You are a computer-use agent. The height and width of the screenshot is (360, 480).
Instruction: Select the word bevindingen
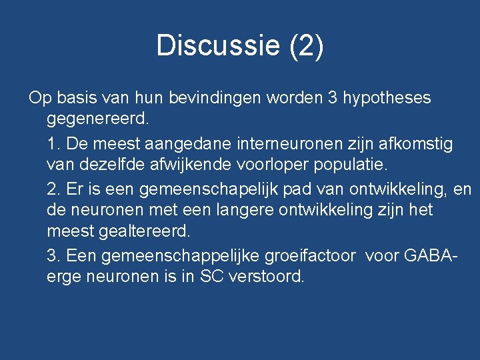click(x=215, y=98)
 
